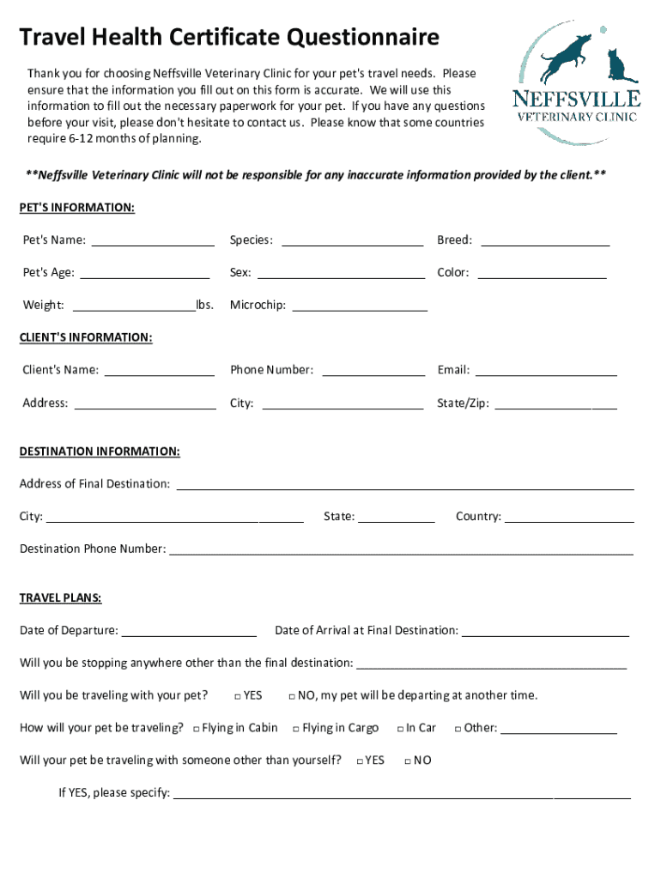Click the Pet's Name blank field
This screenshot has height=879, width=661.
click(x=152, y=240)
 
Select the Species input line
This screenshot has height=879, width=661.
click(x=352, y=240)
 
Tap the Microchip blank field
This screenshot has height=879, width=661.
click(x=360, y=306)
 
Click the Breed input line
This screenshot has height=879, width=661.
click(x=545, y=240)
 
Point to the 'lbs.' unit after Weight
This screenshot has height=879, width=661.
click(x=204, y=305)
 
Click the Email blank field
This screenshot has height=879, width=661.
click(x=546, y=371)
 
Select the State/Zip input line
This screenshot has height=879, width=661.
click(x=555, y=403)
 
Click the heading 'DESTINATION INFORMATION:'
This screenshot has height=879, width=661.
click(x=100, y=452)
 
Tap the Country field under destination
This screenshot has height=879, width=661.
click(x=569, y=517)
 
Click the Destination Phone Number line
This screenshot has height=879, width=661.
click(x=401, y=549)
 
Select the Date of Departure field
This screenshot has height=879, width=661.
click(x=189, y=631)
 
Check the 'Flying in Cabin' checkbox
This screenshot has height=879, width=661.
click(x=197, y=729)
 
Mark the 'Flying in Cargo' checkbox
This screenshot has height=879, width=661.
click(x=295, y=729)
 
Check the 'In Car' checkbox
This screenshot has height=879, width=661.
click(x=400, y=729)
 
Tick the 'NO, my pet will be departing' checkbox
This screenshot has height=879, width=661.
click(x=292, y=696)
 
